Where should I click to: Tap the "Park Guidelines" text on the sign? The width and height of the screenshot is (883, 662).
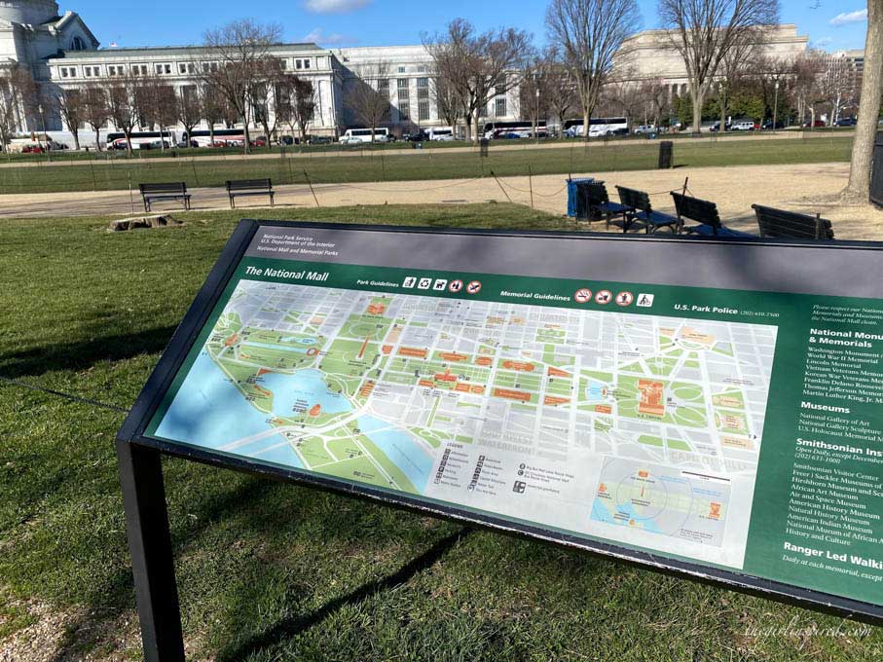(377, 282)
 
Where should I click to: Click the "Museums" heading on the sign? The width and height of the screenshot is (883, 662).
(824, 407)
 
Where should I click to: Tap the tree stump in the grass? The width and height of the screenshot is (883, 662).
(145, 222)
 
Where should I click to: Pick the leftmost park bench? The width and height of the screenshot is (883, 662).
(165, 194)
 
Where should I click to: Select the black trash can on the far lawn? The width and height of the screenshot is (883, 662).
(665, 154)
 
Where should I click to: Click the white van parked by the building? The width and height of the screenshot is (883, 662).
(364, 136)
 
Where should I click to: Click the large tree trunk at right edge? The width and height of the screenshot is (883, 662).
(865, 107)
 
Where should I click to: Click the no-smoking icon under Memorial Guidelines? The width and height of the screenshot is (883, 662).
(582, 295)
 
